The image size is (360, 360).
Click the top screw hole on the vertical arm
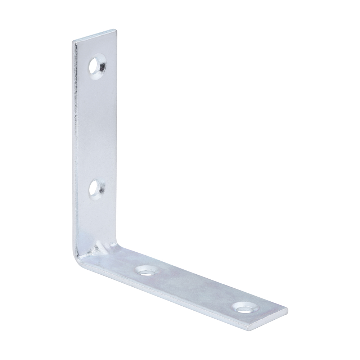tap(98, 65)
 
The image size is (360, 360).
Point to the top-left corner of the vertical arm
tap(73, 42)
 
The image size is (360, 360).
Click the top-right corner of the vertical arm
tap(116, 30)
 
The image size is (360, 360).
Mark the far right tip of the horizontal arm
tap(288, 309)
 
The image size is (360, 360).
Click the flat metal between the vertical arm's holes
tap(97, 126)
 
